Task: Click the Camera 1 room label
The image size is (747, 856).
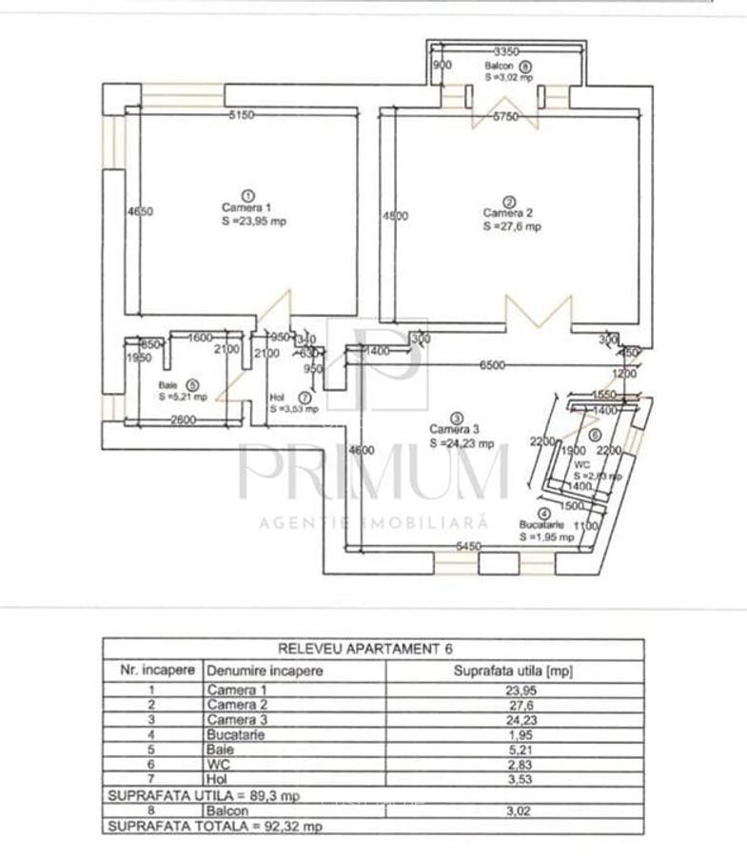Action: tap(246, 207)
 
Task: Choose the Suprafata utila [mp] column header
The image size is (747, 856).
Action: tap(515, 671)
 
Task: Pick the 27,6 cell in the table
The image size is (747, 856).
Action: tap(515, 705)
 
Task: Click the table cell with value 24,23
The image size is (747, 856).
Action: tap(515, 719)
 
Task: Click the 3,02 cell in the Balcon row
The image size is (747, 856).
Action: tap(515, 810)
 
